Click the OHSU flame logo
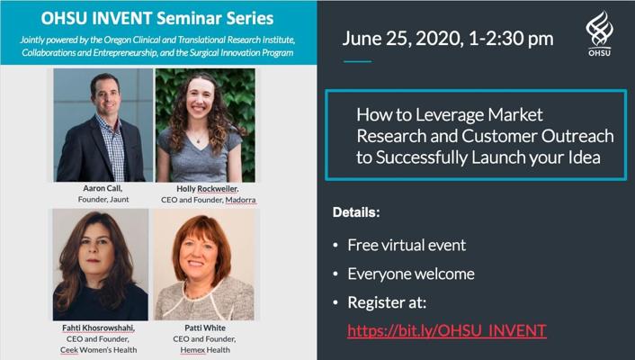click(x=599, y=29)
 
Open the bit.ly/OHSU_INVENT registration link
click(x=447, y=330)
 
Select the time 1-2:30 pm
click(x=511, y=39)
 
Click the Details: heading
click(x=356, y=212)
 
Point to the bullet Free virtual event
click(x=407, y=246)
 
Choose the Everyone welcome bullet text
click(x=411, y=274)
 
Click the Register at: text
click(x=387, y=302)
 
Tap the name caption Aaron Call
click(x=103, y=188)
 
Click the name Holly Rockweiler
click(x=208, y=189)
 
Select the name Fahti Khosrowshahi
click(x=98, y=328)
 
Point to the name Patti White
click(x=205, y=328)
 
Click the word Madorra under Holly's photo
click(x=240, y=200)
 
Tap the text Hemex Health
click(x=205, y=350)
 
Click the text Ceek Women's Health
click(x=98, y=350)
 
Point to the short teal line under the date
click(x=357, y=61)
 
